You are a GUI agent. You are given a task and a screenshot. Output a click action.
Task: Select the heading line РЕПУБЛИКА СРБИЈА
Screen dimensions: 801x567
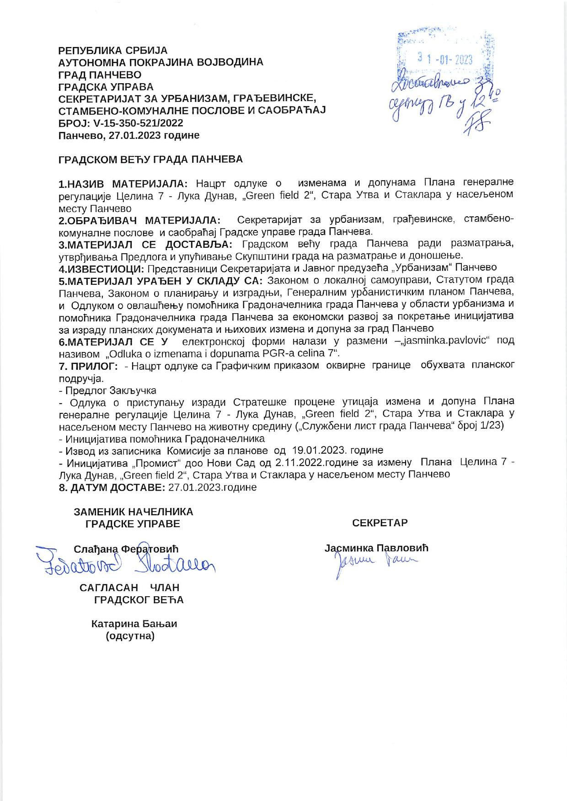(x=113, y=50)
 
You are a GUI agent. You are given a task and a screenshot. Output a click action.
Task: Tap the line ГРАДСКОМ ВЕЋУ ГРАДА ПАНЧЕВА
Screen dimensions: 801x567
(x=150, y=159)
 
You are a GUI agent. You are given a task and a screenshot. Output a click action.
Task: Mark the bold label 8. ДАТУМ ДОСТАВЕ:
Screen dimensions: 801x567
(x=112, y=487)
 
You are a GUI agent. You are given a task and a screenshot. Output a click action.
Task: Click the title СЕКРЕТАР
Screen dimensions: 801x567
(x=380, y=523)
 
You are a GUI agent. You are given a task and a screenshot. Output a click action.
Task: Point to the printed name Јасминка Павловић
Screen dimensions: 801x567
(x=376, y=548)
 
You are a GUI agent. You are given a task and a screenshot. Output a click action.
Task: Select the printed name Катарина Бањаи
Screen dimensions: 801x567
(x=134, y=624)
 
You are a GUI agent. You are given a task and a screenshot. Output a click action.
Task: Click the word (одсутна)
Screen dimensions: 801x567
(x=130, y=635)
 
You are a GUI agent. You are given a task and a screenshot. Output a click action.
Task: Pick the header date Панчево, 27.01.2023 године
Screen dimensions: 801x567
(x=129, y=135)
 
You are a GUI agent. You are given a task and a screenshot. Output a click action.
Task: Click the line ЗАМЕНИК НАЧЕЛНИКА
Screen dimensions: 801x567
(x=133, y=512)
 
